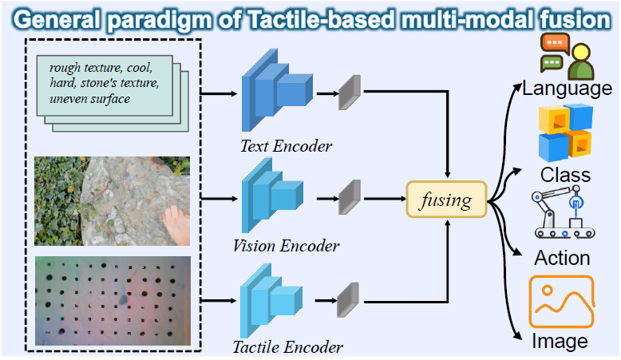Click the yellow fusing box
click(446, 199)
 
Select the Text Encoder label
click(286, 146)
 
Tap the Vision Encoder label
click(286, 245)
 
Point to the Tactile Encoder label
click(287, 347)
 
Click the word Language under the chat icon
click(568, 88)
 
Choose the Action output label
click(563, 258)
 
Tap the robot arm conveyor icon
click(564, 216)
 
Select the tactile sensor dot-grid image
click(113, 300)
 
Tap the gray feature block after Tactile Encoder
click(346, 301)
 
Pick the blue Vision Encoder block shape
click(271, 196)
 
